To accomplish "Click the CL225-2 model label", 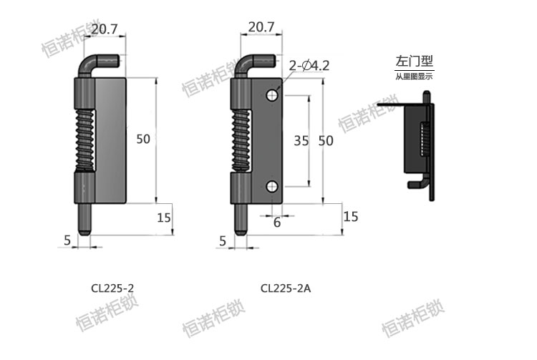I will coord(113,288).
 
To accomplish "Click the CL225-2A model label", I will coord(286,288).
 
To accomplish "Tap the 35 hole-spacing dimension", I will coord(301,141).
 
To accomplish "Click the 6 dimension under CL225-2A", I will coord(277,223).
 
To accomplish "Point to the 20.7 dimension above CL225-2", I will coord(105,29).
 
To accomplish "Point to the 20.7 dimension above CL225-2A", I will coord(261,27).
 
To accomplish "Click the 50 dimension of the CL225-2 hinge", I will coord(143,140).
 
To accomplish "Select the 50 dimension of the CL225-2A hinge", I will coord(326,141).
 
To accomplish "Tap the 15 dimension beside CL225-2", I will coord(163,218).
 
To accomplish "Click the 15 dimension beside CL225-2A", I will coord(351,216).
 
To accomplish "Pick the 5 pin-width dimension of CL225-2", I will coord(67,241).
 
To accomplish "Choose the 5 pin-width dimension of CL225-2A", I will coord(223,242).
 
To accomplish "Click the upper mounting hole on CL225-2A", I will coord(272,95).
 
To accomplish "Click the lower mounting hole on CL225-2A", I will coord(272,187).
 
